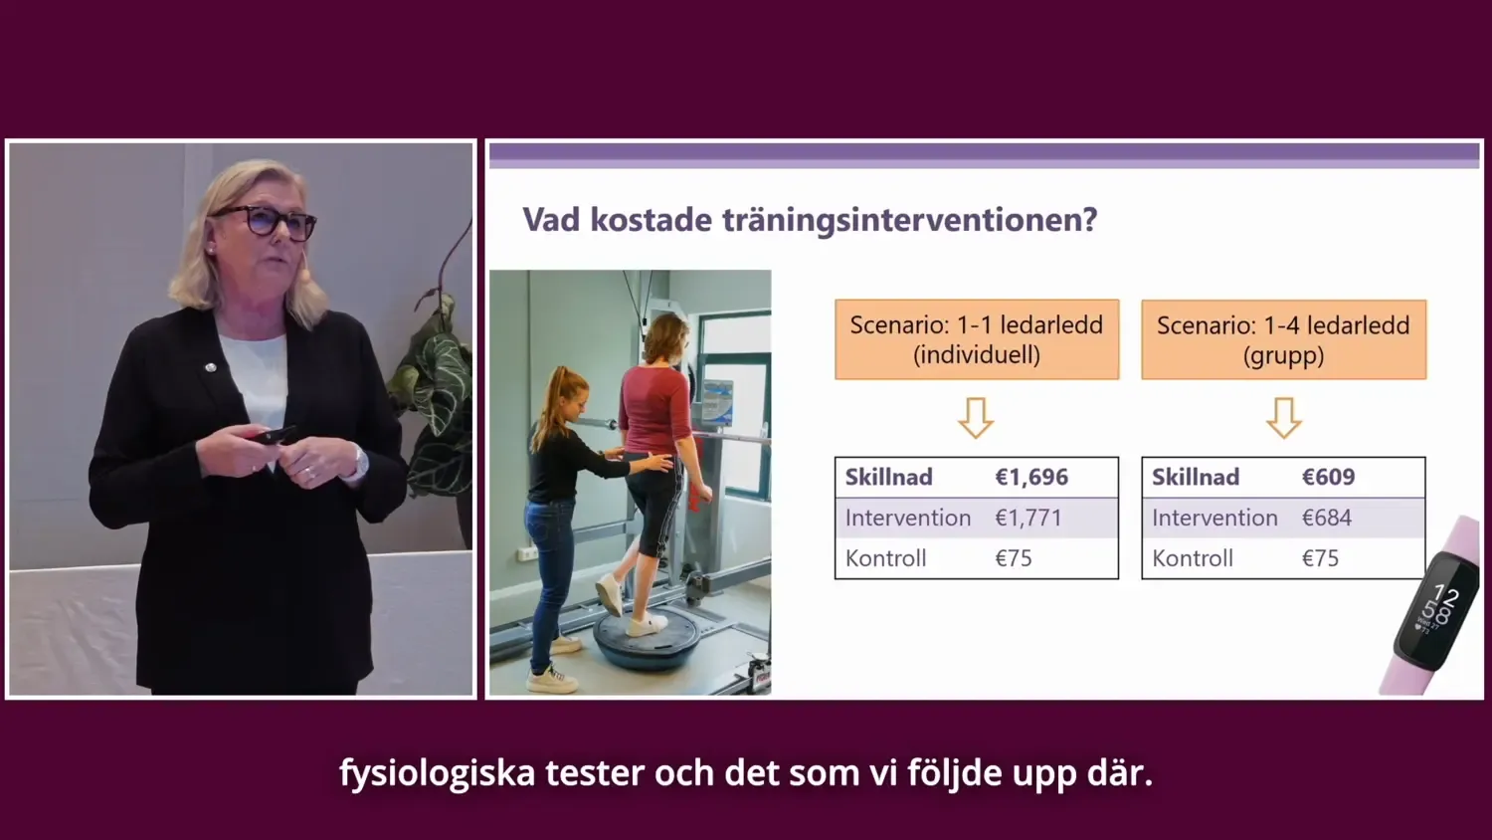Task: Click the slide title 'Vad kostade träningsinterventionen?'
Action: coord(810,220)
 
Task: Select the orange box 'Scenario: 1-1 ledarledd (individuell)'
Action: coord(976,339)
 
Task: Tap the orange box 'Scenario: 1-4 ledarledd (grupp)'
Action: coord(1283,339)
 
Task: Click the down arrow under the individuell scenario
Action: coord(976,418)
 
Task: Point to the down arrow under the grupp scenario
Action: coord(1283,418)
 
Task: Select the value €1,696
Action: coord(1031,477)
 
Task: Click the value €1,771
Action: coord(1028,518)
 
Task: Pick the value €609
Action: coord(1328,477)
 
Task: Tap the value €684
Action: coord(1326,518)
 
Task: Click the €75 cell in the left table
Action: coord(1014,558)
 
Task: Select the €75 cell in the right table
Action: coord(1320,558)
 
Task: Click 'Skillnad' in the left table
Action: coord(888,477)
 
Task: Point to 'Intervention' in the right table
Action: coord(1214,518)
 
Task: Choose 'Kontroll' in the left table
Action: coord(885,558)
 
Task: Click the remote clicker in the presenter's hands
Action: coord(273,436)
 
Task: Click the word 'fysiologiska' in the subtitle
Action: coord(437,772)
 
